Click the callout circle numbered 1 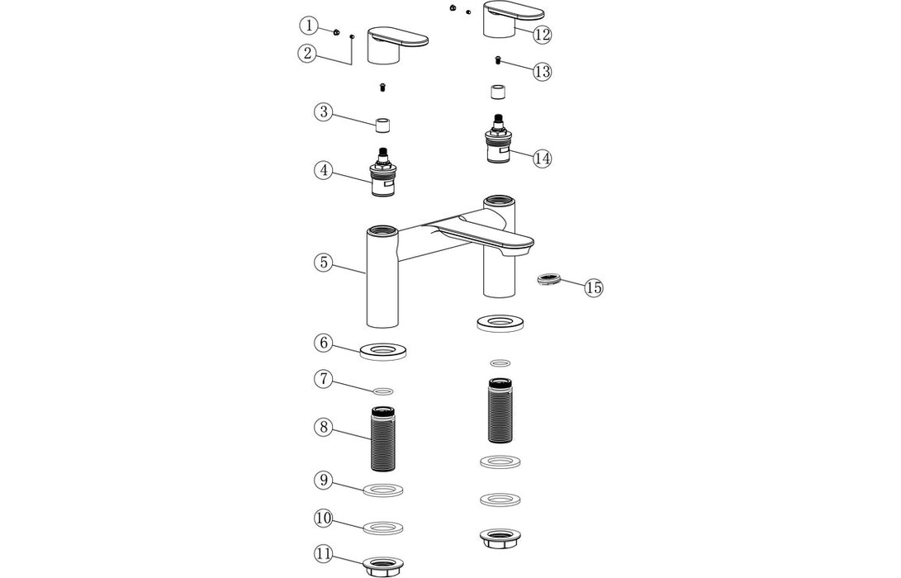pos(309,26)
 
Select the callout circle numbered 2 pos(307,54)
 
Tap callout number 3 pos(323,111)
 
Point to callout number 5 pos(323,263)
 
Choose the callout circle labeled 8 pos(323,427)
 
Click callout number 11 pos(323,553)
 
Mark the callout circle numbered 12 pos(542,35)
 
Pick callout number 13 pos(542,72)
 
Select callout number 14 pos(542,159)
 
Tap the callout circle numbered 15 pos(594,287)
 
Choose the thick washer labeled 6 pos(383,350)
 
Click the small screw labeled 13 pos(499,59)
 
